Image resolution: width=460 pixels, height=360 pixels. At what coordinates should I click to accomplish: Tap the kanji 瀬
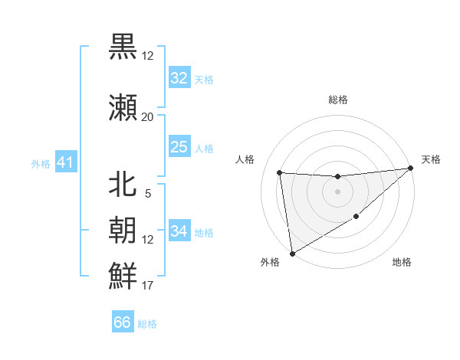123,106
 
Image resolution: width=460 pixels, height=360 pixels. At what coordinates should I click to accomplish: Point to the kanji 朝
123,228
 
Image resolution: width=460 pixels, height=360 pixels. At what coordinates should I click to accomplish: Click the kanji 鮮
123,274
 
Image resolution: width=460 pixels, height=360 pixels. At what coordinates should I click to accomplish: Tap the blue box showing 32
179,78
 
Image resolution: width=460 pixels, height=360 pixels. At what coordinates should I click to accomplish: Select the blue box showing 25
179,147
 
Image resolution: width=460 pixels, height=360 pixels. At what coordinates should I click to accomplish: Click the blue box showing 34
179,231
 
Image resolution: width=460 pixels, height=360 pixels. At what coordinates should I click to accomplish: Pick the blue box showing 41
65,162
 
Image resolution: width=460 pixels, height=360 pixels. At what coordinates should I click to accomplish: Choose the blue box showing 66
123,322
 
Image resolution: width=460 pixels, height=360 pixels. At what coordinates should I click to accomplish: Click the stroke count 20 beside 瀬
147,116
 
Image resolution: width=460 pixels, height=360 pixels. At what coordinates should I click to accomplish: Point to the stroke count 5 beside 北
147,194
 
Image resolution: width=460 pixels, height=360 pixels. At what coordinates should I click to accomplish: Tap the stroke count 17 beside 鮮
147,286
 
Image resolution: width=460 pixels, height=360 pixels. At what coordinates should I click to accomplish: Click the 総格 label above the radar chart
337,100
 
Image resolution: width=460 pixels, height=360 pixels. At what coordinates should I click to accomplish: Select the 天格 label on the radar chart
431,159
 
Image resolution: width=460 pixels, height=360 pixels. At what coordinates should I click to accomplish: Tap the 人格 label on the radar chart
245,159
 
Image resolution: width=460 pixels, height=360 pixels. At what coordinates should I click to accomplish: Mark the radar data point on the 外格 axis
291,253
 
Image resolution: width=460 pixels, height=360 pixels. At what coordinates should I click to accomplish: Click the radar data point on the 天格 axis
410,169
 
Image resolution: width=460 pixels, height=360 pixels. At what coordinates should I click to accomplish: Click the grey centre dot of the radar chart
337,191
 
